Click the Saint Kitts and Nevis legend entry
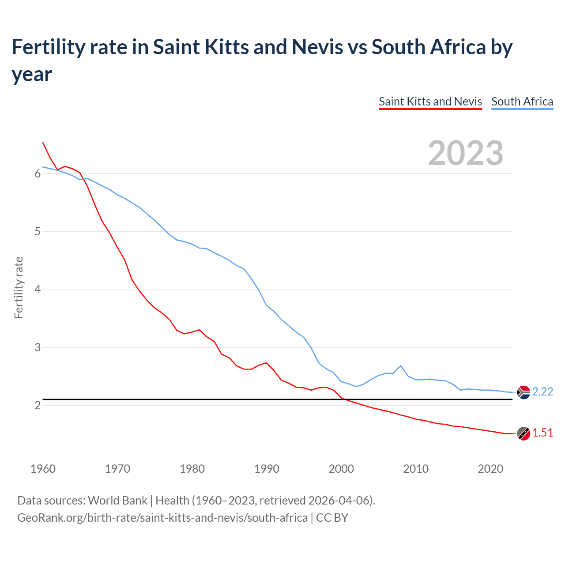(x=430, y=102)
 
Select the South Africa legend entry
(x=522, y=102)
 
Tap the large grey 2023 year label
(x=465, y=153)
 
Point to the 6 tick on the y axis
(x=38, y=174)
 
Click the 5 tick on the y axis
(x=38, y=232)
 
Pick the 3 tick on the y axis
(x=38, y=347)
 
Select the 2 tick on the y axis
(x=38, y=405)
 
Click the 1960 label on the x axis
(x=43, y=469)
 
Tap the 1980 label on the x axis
(x=192, y=469)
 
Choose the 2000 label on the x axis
(x=341, y=469)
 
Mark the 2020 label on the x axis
(x=490, y=469)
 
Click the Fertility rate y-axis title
(x=19, y=287)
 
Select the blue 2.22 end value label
(x=542, y=392)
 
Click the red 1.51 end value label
(x=542, y=433)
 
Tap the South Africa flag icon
(x=524, y=392)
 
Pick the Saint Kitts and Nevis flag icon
(x=524, y=433)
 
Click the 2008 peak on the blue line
(x=400, y=365)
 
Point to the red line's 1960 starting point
(x=43, y=142)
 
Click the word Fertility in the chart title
(x=47, y=47)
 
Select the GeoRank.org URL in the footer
(x=162, y=517)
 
